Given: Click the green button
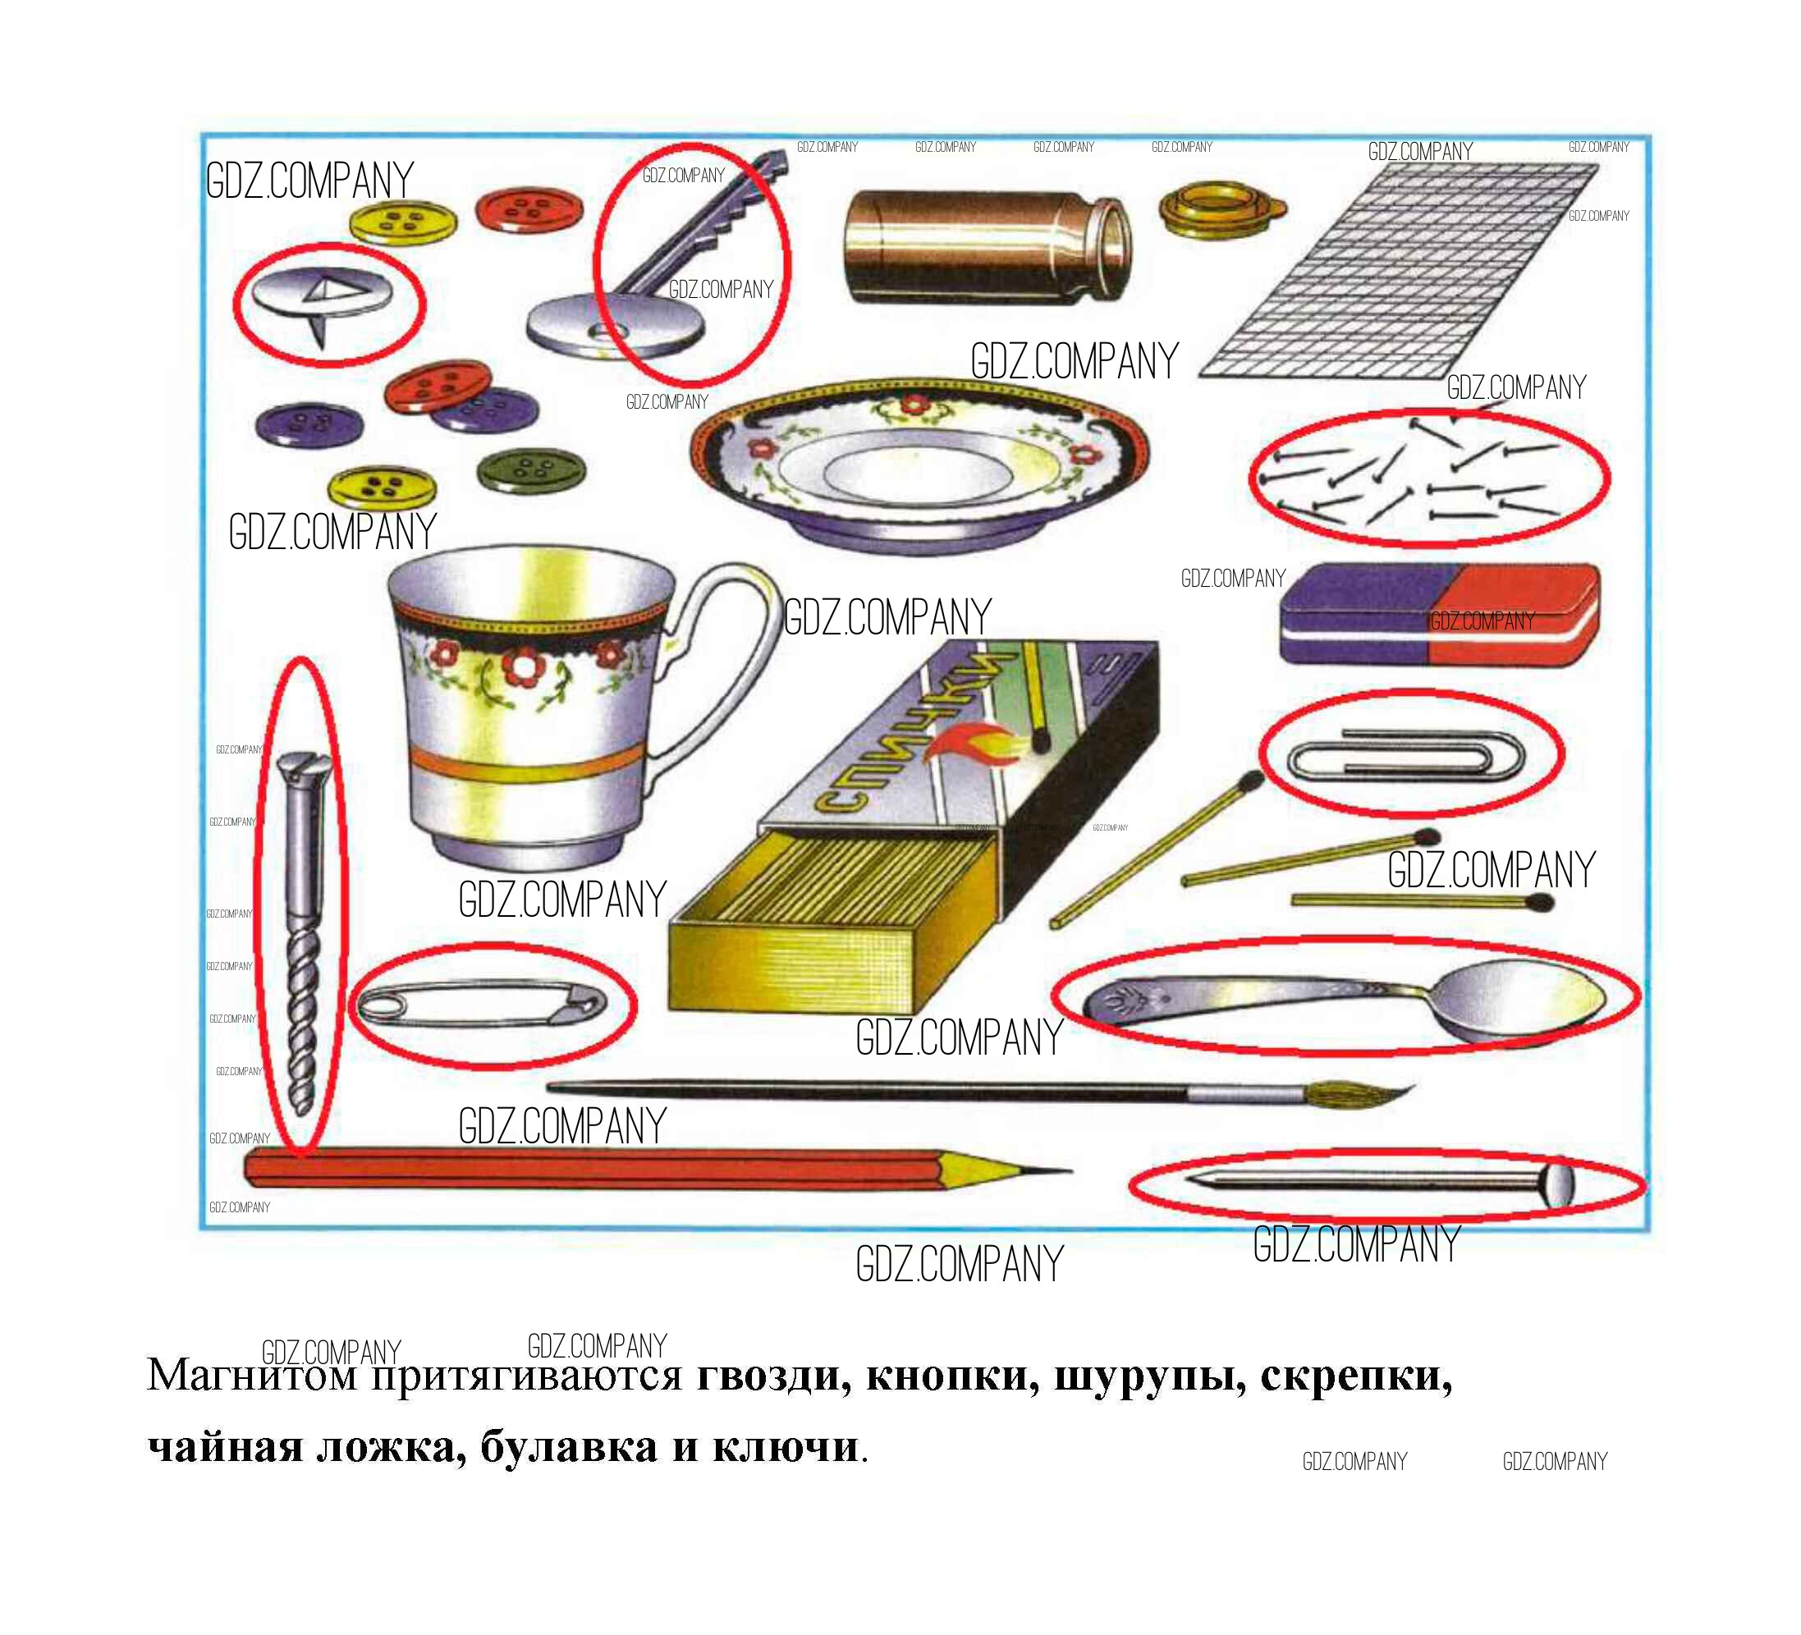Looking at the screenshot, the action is tap(533, 471).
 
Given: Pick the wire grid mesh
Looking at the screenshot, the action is tap(1398, 270).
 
